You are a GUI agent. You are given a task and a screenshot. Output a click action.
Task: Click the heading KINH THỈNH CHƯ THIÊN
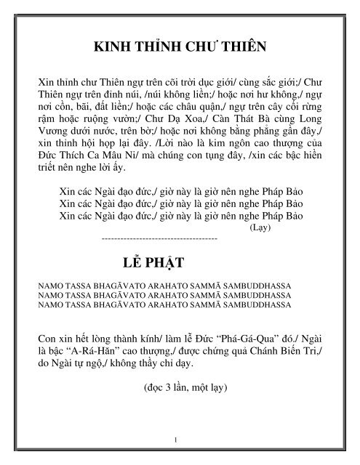click(x=180, y=48)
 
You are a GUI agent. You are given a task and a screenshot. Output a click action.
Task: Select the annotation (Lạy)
click(x=260, y=227)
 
